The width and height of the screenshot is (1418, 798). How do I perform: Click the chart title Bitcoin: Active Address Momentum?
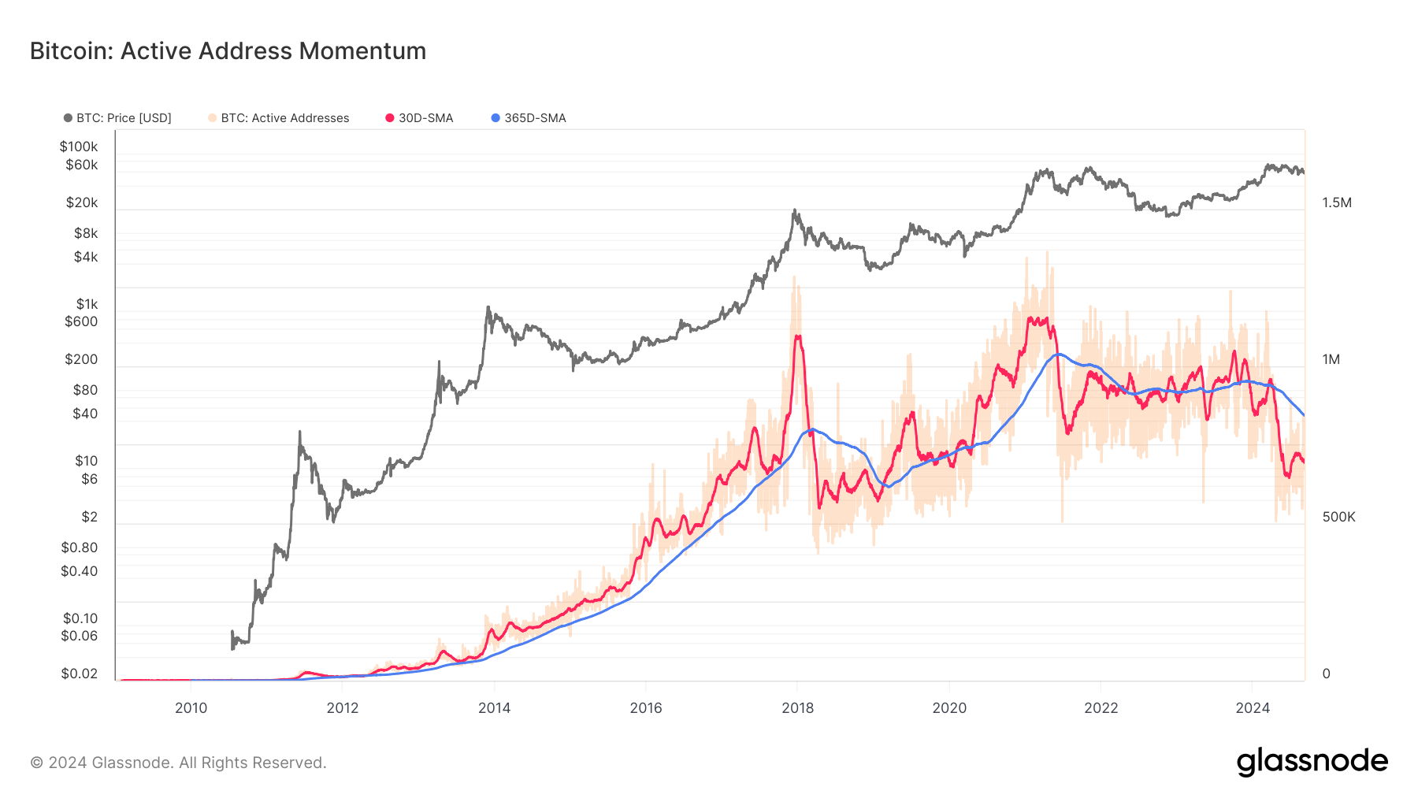coord(228,51)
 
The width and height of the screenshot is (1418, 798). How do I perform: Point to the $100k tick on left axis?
coord(79,147)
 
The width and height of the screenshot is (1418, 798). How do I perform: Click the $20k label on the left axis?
coord(82,202)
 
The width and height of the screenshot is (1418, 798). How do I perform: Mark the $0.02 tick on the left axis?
coord(80,674)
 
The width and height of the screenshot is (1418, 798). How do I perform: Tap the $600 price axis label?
coord(81,321)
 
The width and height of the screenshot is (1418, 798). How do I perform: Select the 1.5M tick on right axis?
coord(1337,202)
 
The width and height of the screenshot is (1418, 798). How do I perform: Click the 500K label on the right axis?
coord(1338,517)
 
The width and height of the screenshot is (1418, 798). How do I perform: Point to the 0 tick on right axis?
coord(1326,674)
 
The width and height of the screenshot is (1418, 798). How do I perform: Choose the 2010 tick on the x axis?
coord(191,707)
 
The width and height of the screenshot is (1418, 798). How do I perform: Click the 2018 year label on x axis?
coord(797,707)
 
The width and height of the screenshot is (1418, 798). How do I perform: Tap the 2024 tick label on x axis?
coord(1253,707)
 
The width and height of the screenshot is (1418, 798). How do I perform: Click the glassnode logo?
coord(1312,762)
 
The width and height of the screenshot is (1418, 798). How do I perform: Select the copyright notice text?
coord(178,763)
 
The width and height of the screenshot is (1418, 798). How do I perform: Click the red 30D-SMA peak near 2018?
coord(798,336)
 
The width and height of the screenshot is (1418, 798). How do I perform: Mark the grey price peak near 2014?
coord(488,308)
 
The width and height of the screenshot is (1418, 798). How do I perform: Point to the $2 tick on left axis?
coord(90,517)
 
